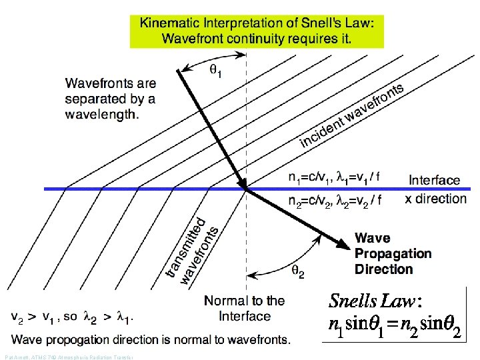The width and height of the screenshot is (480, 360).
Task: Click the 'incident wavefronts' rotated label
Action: (352, 117)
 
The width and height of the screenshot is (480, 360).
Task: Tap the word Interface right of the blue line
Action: (434, 180)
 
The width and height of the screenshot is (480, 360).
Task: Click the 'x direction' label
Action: (436, 199)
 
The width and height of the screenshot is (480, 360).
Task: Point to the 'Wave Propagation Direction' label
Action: (393, 253)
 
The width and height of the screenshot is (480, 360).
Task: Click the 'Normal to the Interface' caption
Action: (245, 308)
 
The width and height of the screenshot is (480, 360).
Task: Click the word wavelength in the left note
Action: (101, 114)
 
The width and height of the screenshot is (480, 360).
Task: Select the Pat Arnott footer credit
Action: (67, 357)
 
